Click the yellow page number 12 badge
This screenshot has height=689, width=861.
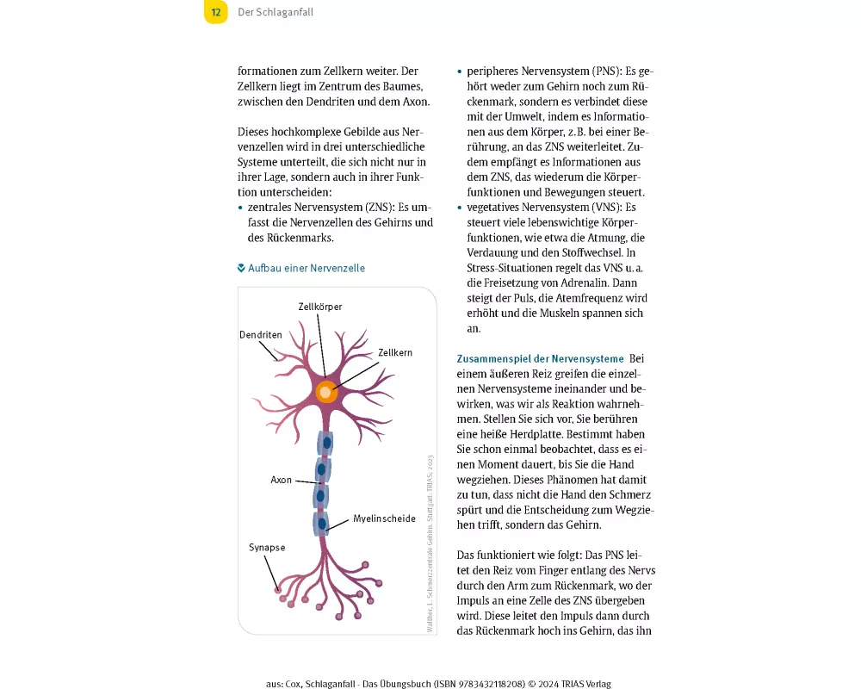pos(216,12)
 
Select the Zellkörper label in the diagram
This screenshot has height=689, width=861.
pos(319,306)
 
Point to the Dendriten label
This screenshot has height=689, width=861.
pos(260,334)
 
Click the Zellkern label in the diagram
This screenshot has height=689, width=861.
pos(395,353)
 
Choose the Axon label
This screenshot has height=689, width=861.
pos(282,480)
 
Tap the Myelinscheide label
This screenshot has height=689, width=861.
pos(384,519)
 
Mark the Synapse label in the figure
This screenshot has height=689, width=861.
pos(267,547)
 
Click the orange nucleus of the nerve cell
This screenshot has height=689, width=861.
pos(325,392)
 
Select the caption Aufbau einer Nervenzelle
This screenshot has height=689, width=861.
pos(307,268)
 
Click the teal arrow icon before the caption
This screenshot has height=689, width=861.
pos(242,268)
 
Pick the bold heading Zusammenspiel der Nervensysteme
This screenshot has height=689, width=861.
pos(540,358)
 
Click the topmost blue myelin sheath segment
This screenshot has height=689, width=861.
pos(325,443)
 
